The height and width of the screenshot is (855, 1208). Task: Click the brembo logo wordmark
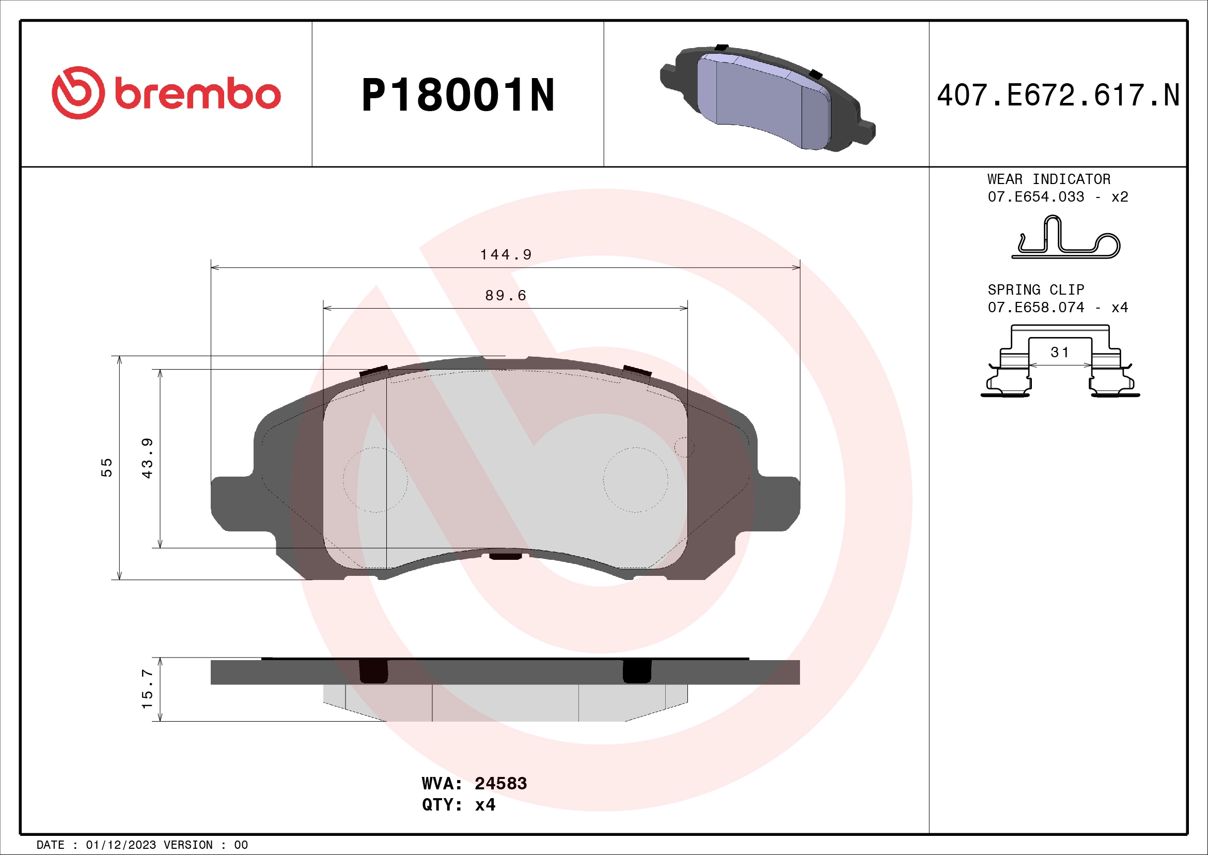click(x=197, y=94)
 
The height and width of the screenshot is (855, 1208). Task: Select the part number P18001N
click(x=458, y=95)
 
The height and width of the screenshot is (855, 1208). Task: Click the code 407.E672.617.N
click(x=1058, y=95)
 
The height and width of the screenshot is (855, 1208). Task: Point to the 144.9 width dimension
click(x=506, y=255)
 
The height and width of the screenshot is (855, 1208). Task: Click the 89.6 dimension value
click(x=506, y=295)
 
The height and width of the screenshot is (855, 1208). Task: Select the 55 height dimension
click(x=107, y=467)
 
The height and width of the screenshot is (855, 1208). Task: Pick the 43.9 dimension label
click(x=148, y=458)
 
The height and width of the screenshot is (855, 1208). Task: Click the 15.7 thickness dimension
click(x=147, y=689)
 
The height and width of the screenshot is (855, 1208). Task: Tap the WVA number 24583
click(x=500, y=783)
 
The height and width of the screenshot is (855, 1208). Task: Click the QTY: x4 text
click(x=458, y=805)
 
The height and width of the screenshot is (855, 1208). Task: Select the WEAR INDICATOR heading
click(x=1048, y=179)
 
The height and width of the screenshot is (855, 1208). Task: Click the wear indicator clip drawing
click(x=1065, y=239)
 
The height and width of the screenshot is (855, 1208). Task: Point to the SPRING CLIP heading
click(x=1036, y=290)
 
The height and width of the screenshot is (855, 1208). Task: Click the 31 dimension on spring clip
click(x=1060, y=353)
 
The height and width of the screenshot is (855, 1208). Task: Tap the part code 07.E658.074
click(x=1036, y=308)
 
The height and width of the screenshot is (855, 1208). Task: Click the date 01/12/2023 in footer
click(x=120, y=845)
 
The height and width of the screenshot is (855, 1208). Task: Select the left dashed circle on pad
click(x=375, y=480)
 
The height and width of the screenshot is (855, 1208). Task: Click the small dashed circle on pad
click(x=684, y=447)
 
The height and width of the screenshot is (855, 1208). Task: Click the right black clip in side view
click(x=637, y=671)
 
